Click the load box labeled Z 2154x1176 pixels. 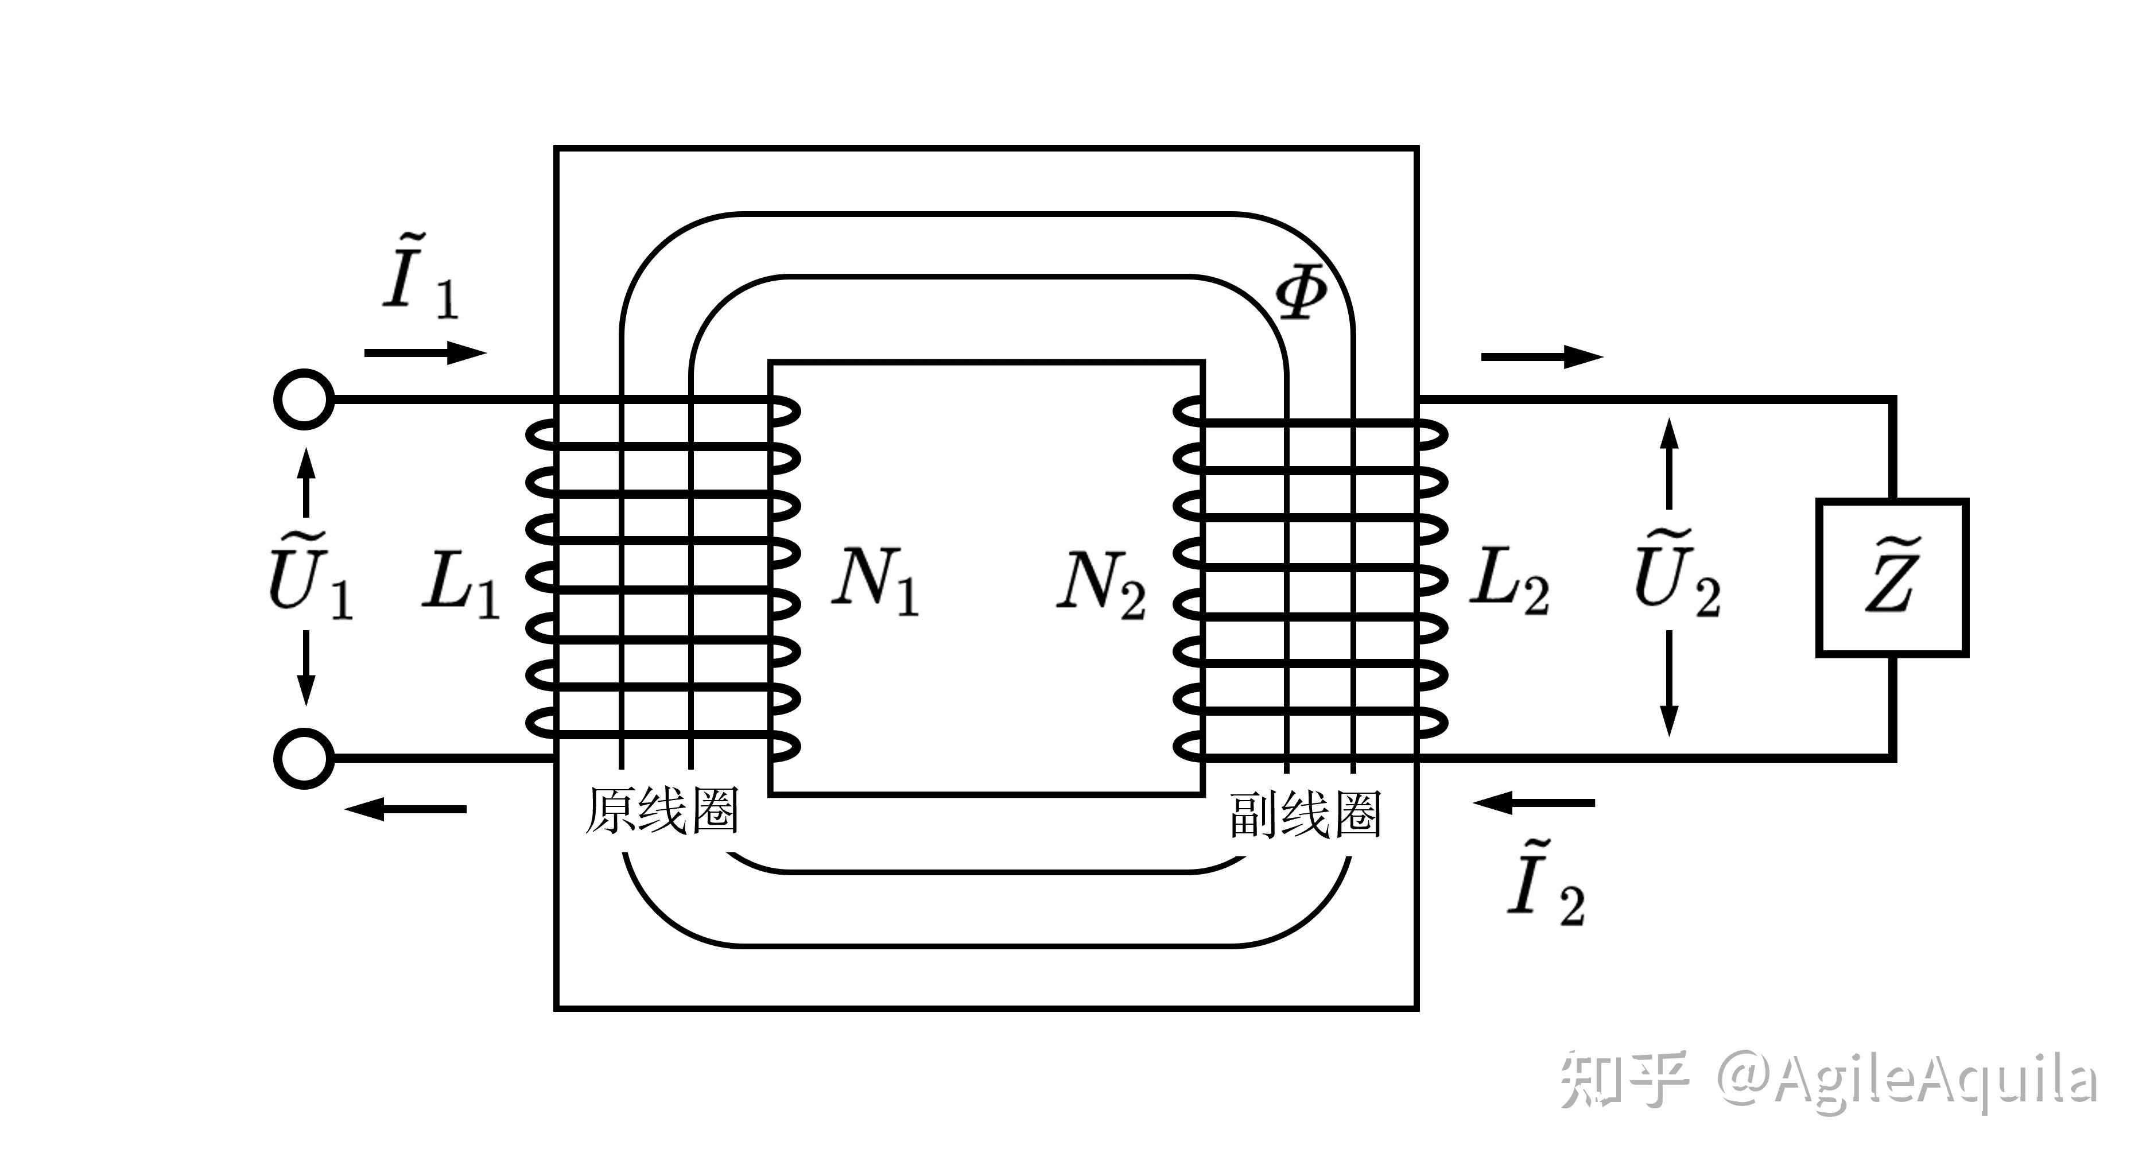1892,578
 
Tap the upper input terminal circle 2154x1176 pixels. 304,399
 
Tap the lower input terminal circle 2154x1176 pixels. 304,759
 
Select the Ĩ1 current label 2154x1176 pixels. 421,276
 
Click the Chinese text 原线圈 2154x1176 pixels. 661,810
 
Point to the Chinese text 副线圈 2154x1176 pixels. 1305,814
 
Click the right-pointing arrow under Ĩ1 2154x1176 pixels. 426,353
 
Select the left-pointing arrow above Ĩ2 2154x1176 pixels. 1534,803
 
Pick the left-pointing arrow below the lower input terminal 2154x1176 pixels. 406,809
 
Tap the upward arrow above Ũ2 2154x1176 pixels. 1669,463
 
